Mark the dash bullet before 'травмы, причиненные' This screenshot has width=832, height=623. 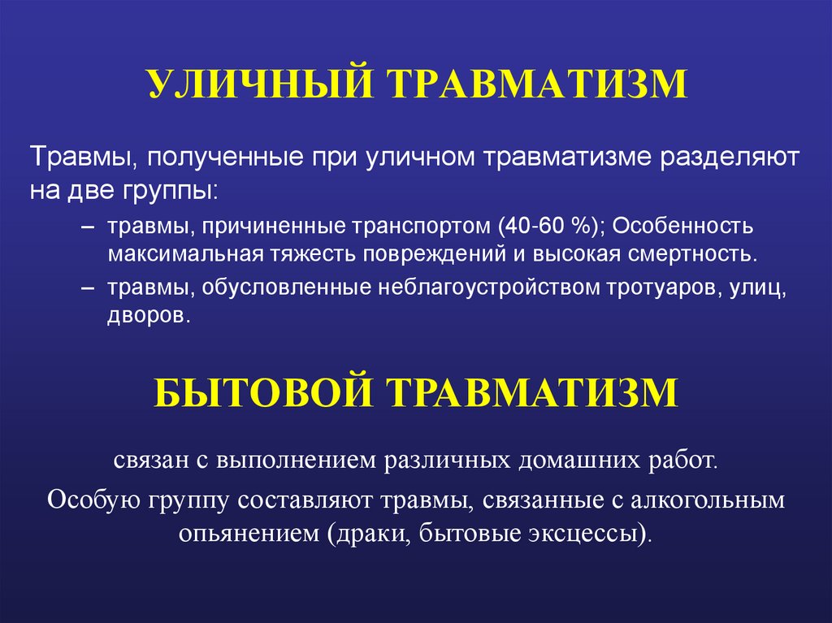[89, 225]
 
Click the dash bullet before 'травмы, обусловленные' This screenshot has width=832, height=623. [89, 289]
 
